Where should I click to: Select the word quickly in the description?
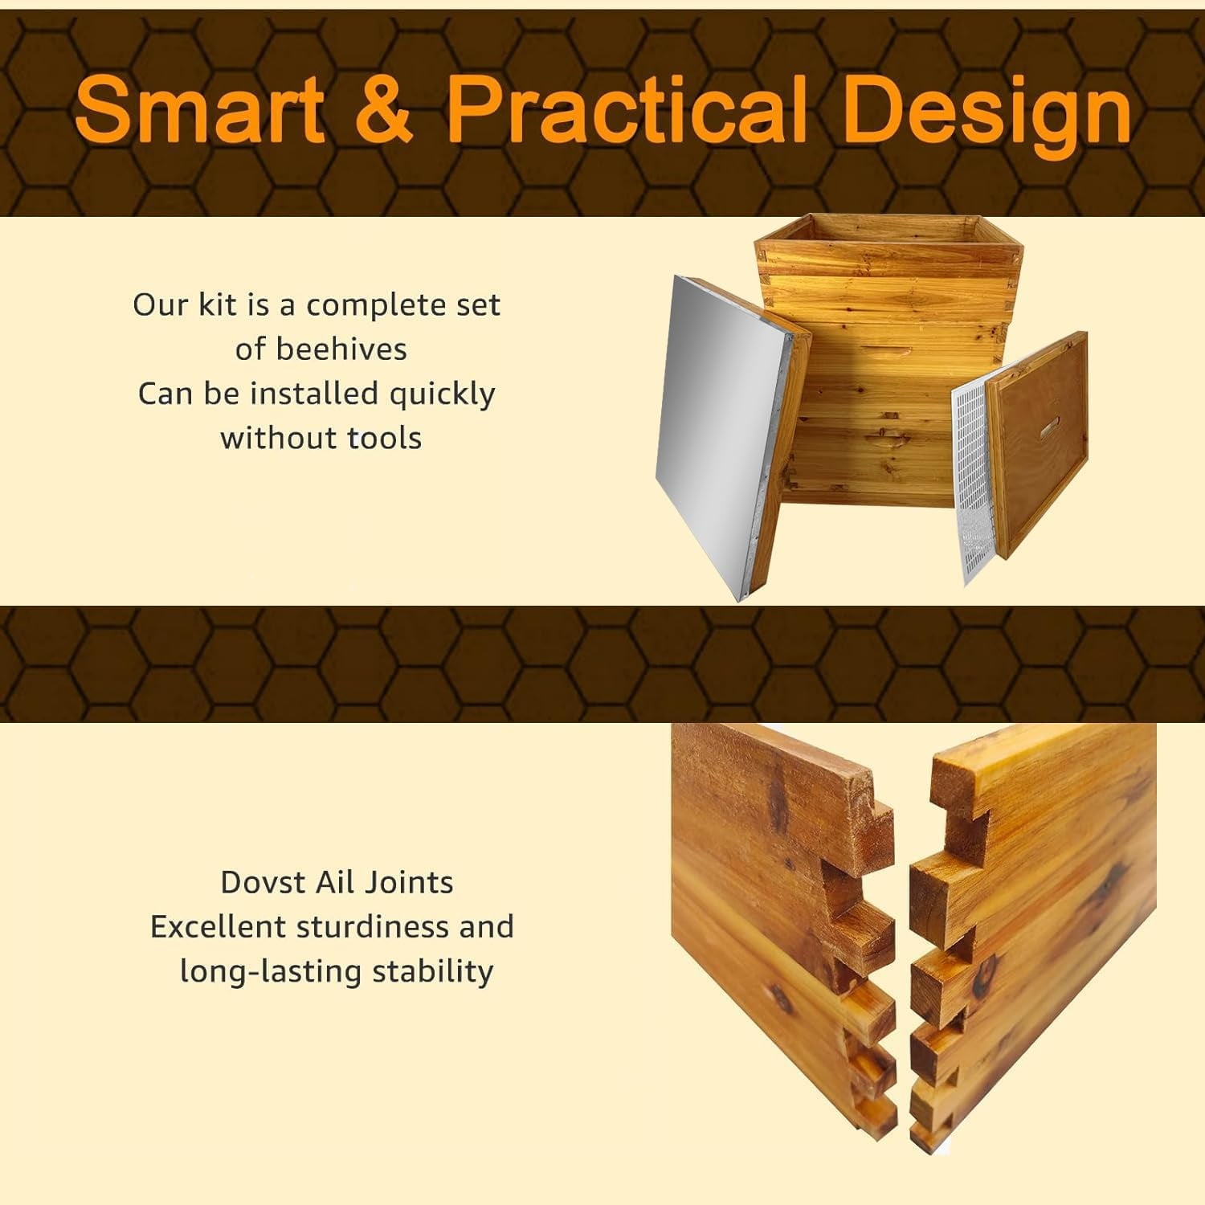click(442, 395)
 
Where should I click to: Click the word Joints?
click(409, 882)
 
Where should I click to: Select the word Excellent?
click(219, 926)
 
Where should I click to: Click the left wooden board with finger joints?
click(779, 924)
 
